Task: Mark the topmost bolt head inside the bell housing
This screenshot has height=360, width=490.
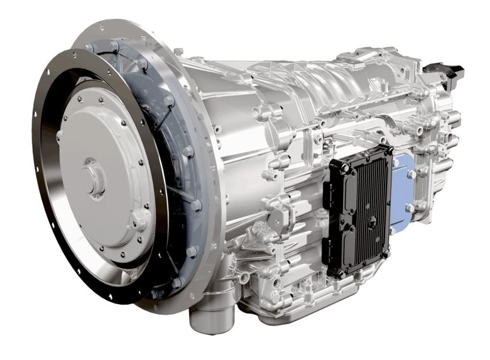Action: (x=116, y=47)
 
